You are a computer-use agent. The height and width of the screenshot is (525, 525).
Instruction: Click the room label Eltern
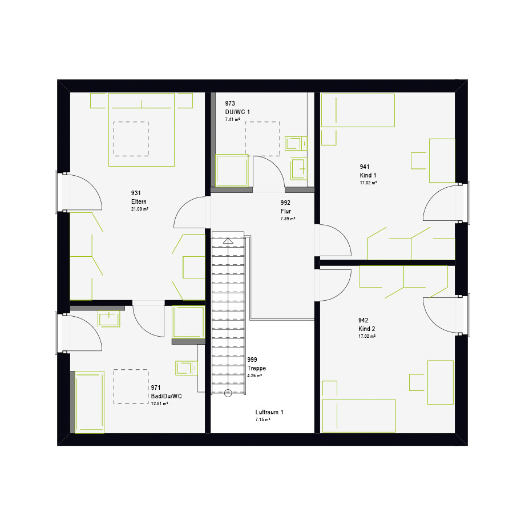click(139, 201)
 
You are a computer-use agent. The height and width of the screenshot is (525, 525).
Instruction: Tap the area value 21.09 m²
click(140, 209)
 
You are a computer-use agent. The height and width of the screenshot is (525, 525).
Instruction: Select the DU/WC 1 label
click(237, 112)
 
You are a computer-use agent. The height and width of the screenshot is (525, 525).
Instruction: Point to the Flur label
click(285, 211)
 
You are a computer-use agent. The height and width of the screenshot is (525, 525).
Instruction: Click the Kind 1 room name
click(368, 175)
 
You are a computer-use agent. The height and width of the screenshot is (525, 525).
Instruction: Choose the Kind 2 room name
click(366, 329)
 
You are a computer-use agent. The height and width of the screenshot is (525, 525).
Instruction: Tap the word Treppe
click(256, 368)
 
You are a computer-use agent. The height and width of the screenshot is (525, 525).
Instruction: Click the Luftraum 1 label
click(269, 412)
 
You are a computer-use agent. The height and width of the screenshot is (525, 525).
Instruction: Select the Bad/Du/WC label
click(167, 396)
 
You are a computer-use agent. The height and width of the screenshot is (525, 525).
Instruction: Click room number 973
click(230, 103)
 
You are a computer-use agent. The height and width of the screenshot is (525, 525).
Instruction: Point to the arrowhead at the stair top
click(228, 241)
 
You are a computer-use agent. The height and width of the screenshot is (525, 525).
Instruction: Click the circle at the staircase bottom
click(228, 393)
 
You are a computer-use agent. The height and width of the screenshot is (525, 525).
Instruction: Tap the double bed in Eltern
click(142, 130)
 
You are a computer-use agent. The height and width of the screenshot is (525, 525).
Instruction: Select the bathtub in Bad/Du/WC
click(90, 402)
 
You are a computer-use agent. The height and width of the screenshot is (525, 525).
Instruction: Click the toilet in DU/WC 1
click(296, 144)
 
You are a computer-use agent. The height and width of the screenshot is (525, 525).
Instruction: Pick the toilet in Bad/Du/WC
click(186, 368)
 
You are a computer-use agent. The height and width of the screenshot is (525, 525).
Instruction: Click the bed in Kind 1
click(358, 110)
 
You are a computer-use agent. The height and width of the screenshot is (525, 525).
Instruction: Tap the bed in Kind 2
click(358, 415)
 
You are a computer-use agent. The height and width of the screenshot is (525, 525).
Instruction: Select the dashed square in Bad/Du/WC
click(131, 387)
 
